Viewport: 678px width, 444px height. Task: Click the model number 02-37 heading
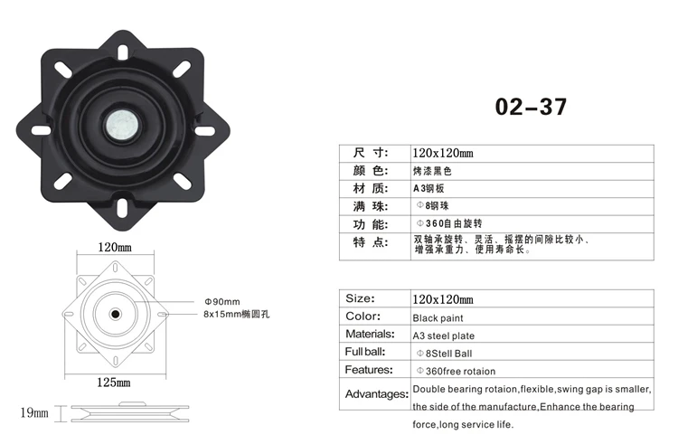pyautogui.click(x=531, y=108)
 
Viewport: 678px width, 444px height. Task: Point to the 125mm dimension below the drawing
pyautogui.click(x=115, y=382)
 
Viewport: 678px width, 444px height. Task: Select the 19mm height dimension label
pyautogui.click(x=33, y=413)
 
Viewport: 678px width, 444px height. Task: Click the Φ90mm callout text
pyautogui.click(x=221, y=301)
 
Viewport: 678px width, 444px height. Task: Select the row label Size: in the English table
pyautogui.click(x=360, y=298)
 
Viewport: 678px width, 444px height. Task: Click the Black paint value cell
pyautogui.click(x=438, y=318)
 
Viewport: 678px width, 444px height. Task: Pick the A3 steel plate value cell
pyautogui.click(x=444, y=335)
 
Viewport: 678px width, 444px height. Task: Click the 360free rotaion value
pyautogui.click(x=456, y=371)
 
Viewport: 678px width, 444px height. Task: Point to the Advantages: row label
pyautogui.click(x=376, y=394)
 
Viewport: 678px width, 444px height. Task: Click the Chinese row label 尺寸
pyautogui.click(x=369, y=153)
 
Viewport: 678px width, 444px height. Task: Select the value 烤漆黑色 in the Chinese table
pyautogui.click(x=431, y=170)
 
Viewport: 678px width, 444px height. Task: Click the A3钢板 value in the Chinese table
pyautogui.click(x=429, y=188)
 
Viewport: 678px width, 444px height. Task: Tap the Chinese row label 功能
pyautogui.click(x=369, y=223)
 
